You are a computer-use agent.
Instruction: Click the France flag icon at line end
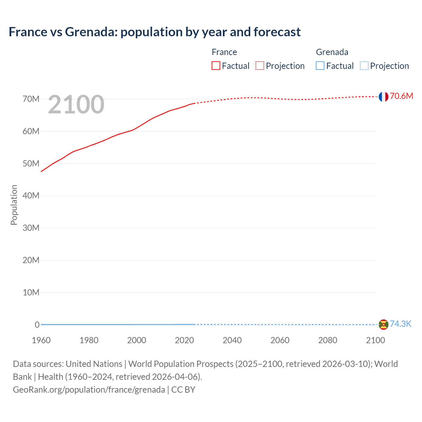click(383, 97)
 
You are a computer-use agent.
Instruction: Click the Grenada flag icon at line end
click(383, 324)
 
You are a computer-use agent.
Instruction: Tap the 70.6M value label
click(401, 96)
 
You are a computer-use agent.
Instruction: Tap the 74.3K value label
click(401, 324)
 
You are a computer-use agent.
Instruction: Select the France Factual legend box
click(216, 66)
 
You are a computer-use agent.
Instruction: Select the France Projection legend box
click(260, 66)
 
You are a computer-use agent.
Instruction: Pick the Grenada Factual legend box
click(320, 66)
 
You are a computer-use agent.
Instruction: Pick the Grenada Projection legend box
click(364, 66)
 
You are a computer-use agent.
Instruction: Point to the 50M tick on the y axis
click(31, 164)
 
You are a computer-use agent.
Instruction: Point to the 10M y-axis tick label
click(31, 292)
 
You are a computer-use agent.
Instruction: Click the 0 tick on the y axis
click(37, 325)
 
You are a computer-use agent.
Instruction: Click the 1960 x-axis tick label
click(41, 340)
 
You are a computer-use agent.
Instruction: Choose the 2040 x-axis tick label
click(232, 340)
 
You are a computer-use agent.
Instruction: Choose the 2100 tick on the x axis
click(375, 340)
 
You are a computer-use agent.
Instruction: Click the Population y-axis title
click(14, 205)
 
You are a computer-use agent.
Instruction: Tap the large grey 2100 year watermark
click(76, 105)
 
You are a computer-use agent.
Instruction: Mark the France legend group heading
click(224, 52)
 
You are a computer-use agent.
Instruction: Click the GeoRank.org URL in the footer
click(89, 389)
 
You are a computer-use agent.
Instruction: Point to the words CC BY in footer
click(183, 389)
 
